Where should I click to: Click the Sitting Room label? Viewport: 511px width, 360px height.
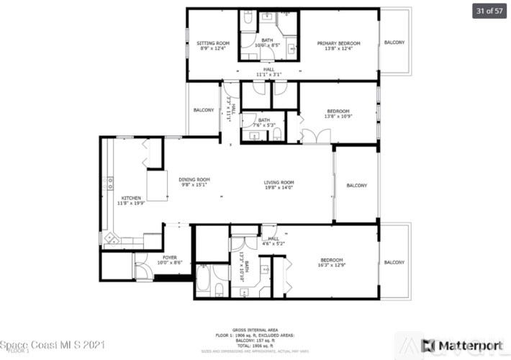212,43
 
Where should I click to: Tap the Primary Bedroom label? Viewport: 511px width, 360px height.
338,43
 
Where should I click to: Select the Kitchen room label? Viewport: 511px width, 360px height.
131,198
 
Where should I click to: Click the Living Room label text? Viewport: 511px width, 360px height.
279,182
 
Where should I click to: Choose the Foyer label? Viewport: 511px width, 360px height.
169,257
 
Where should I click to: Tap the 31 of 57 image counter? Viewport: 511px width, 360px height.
488,11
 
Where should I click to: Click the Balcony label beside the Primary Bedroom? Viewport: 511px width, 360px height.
394,42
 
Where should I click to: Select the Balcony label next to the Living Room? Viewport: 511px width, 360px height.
356,185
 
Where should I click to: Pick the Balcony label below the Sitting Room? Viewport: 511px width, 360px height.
204,110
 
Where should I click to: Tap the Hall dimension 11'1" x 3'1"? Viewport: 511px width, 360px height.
268,74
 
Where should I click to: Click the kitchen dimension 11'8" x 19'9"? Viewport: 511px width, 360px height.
131,204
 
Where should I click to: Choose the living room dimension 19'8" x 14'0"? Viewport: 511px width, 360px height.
279,188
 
